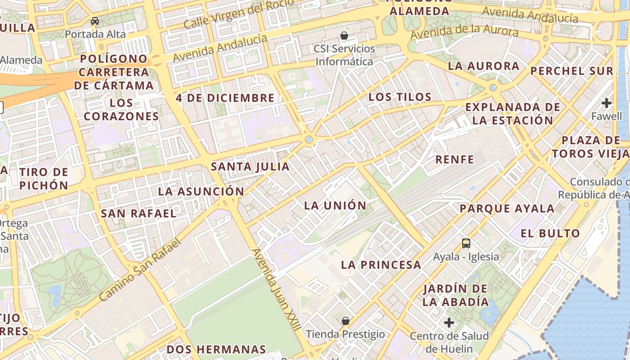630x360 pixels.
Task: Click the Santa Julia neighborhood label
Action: coord(250,167)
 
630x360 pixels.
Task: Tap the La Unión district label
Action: coord(335,206)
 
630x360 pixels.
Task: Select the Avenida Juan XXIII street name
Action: coord(275,290)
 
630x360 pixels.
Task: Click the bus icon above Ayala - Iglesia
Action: coord(466,243)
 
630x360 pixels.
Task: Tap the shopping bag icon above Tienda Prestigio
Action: coord(346,321)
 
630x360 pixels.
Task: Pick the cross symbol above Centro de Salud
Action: coord(449,323)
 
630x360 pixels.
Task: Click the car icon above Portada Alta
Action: coord(95,21)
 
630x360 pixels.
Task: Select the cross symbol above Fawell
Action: coord(607,103)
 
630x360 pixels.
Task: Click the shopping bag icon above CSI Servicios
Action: coord(344,36)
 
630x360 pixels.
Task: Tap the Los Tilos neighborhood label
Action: coord(400,97)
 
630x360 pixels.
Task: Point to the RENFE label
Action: coord(454,159)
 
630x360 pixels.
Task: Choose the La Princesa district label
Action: coord(381,265)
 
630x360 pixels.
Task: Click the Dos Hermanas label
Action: coord(216,349)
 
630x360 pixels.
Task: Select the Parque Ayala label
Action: coord(507,209)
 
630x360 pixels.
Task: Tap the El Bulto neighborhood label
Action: coord(550,234)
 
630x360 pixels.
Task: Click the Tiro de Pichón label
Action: coord(44,179)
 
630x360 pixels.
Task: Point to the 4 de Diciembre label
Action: coord(225,98)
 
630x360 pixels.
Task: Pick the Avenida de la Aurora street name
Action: coord(464,31)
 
